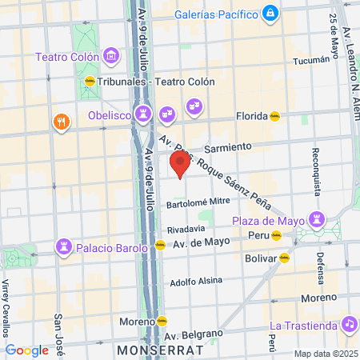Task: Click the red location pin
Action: tap(179, 163)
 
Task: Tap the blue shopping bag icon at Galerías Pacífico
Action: tap(272, 13)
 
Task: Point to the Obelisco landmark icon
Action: tap(143, 112)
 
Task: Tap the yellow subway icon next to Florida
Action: tap(275, 115)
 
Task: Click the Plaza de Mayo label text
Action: tap(270, 221)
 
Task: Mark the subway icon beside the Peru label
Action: tap(276, 235)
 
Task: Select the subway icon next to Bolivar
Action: tap(282, 258)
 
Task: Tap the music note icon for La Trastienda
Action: tap(348, 324)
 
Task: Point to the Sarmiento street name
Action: tap(228, 147)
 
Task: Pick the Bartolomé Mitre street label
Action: tap(198, 202)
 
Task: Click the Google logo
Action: tap(26, 350)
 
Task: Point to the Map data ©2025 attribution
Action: tap(325, 354)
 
